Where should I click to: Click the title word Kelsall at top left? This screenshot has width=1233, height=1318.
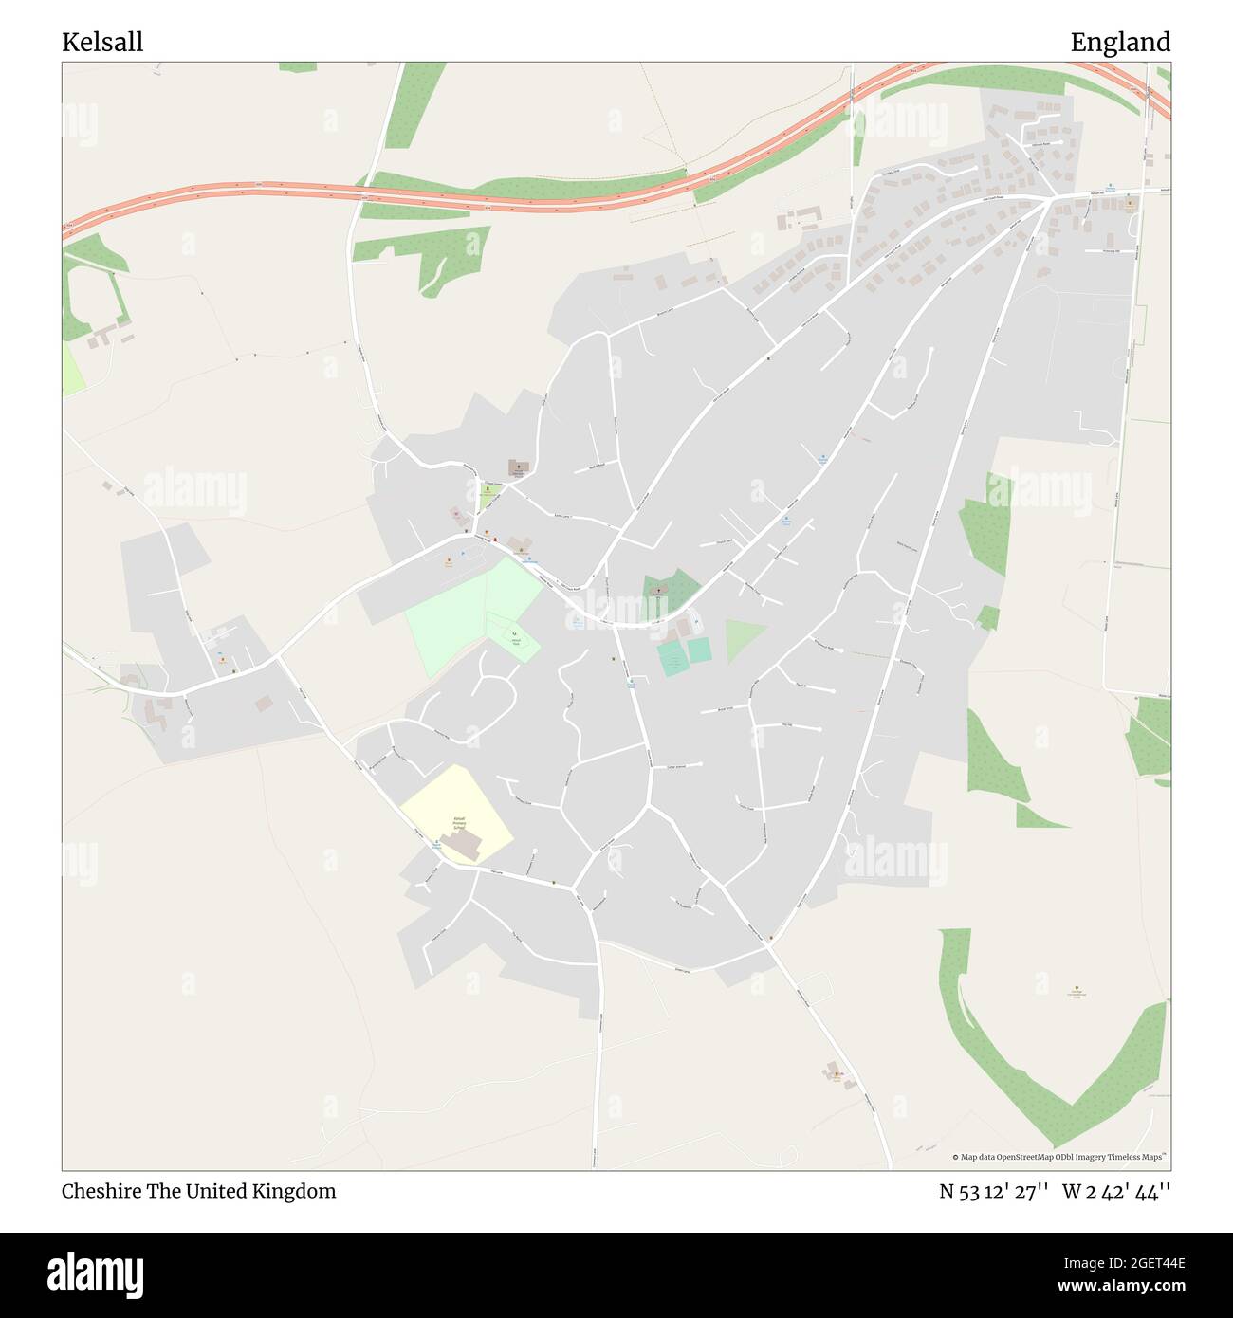click(102, 42)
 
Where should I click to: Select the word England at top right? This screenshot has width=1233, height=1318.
click(1120, 42)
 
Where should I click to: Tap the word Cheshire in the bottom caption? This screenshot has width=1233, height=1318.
click(101, 1191)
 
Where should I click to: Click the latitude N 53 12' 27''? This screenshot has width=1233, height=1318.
click(994, 1191)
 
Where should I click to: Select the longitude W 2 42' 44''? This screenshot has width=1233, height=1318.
click(1116, 1191)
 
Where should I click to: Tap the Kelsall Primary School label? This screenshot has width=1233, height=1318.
click(459, 821)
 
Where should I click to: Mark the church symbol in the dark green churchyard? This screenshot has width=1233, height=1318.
click(656, 587)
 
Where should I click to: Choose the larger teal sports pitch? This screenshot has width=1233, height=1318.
click(672, 657)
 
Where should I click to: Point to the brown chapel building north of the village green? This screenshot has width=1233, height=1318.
click(519, 466)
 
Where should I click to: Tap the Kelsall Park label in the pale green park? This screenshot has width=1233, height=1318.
click(515, 642)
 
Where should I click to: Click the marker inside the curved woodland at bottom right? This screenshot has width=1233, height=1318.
click(1077, 991)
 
